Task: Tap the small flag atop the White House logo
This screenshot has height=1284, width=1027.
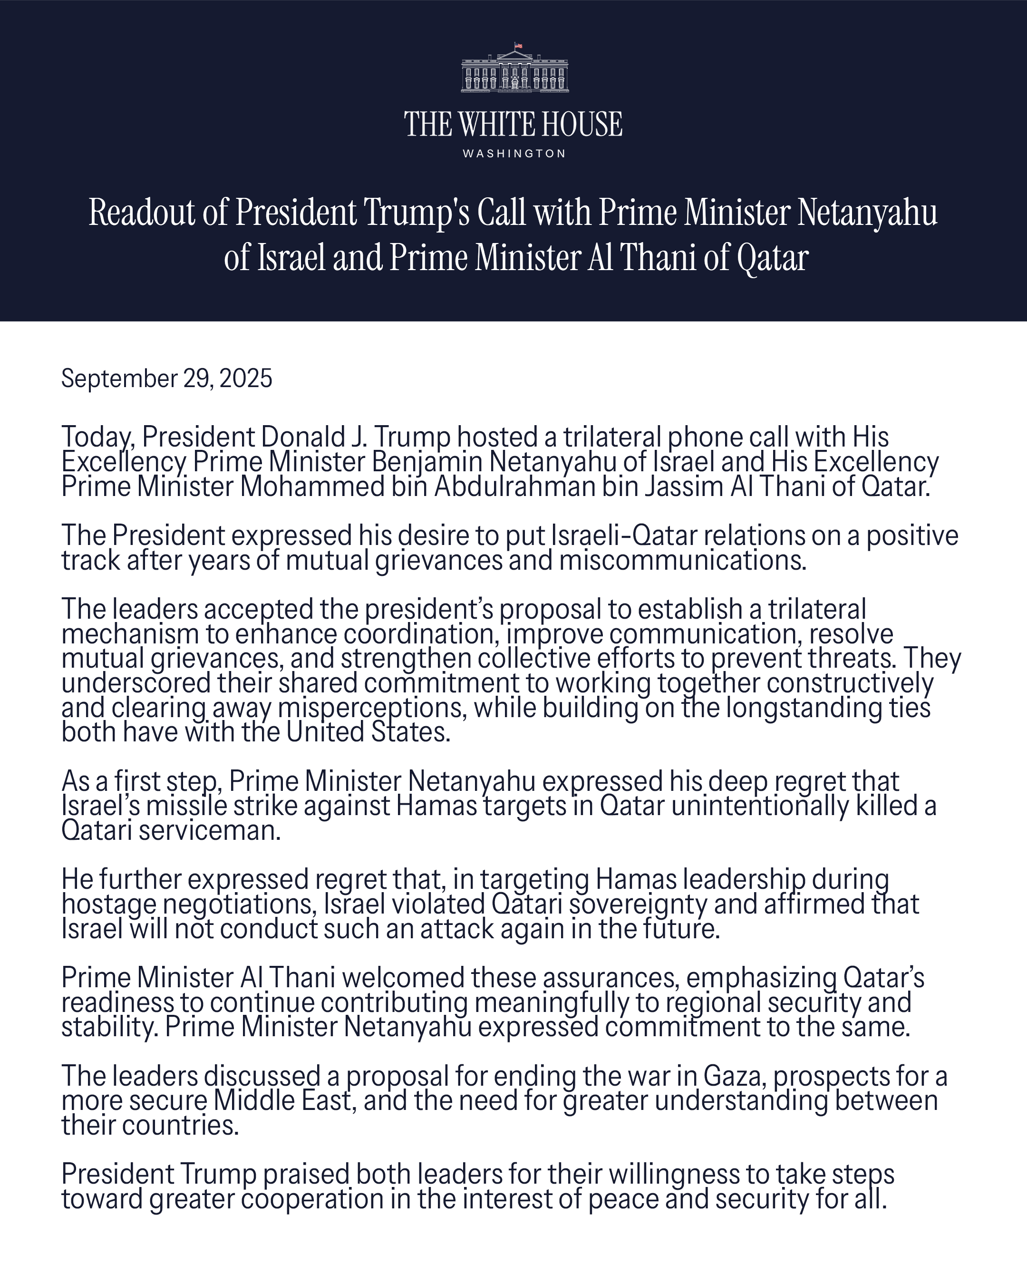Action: click(518, 45)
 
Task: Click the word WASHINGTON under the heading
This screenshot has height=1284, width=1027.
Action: click(514, 154)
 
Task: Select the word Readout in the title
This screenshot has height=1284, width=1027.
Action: click(141, 213)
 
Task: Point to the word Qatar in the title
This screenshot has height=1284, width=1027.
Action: click(772, 257)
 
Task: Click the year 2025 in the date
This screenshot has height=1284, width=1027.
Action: click(246, 379)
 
